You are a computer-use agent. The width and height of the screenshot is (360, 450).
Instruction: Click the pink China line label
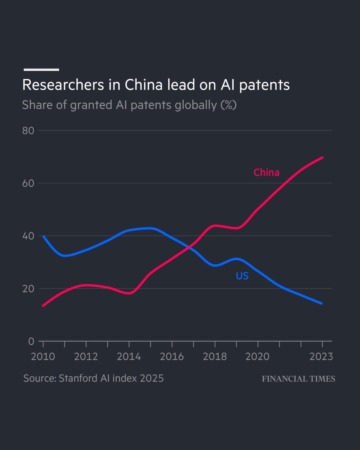(266, 172)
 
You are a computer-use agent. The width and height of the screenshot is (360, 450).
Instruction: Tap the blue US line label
(242, 276)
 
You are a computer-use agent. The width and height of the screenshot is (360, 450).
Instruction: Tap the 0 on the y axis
(31, 342)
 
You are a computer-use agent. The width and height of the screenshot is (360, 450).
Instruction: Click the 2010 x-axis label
(43, 356)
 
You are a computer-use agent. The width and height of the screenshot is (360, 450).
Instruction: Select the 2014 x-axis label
(129, 356)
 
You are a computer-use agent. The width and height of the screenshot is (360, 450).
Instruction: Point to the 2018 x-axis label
(214, 356)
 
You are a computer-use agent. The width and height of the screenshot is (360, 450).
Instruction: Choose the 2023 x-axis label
(321, 356)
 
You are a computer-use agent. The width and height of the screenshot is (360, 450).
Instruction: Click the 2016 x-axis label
(172, 356)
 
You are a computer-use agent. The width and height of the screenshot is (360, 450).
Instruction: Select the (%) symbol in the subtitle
(228, 105)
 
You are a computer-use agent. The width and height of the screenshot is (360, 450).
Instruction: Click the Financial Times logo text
(298, 379)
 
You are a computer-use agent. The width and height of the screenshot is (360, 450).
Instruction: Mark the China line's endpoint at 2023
(322, 157)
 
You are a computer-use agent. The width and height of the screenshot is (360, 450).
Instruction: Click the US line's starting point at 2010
(43, 236)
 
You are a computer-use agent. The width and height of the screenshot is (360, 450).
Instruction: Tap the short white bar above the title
(41, 69)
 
